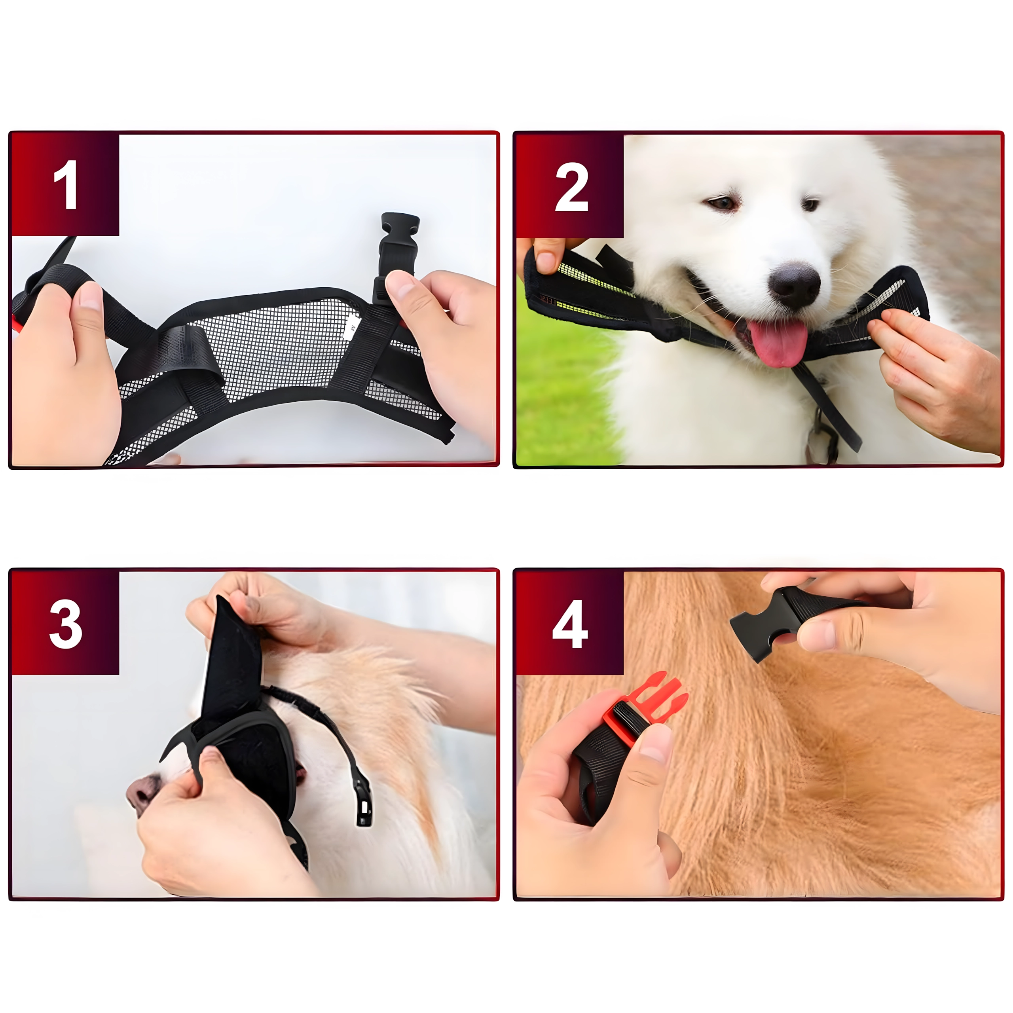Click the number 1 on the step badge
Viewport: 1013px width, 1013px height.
66,184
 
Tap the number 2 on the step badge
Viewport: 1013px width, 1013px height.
571,187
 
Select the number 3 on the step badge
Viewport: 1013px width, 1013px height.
66,624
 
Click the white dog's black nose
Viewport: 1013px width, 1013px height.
794,285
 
